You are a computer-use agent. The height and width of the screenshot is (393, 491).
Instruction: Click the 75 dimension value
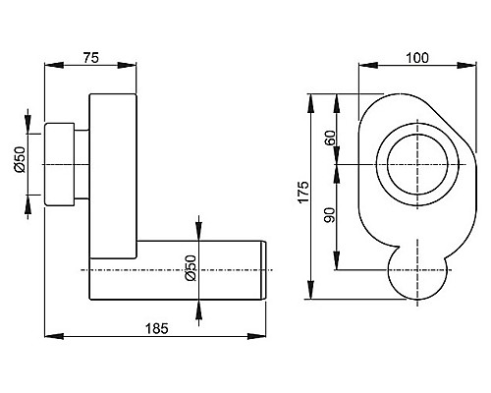(x=90, y=58)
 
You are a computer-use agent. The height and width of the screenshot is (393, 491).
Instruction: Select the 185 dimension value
(x=156, y=328)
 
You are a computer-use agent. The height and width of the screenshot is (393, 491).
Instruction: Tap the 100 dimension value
(x=417, y=58)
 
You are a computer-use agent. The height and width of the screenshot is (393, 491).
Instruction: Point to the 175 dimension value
(x=303, y=193)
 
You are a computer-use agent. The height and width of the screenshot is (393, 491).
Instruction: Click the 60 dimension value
(x=331, y=138)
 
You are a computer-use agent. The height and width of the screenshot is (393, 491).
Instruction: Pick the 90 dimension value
(x=331, y=215)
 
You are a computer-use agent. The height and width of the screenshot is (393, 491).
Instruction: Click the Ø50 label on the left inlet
(x=20, y=159)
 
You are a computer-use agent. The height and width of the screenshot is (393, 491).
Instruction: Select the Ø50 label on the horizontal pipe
(x=191, y=268)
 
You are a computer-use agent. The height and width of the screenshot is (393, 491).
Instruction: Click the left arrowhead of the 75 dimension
(x=54, y=65)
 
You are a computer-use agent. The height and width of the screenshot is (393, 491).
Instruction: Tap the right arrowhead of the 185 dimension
(x=256, y=336)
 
